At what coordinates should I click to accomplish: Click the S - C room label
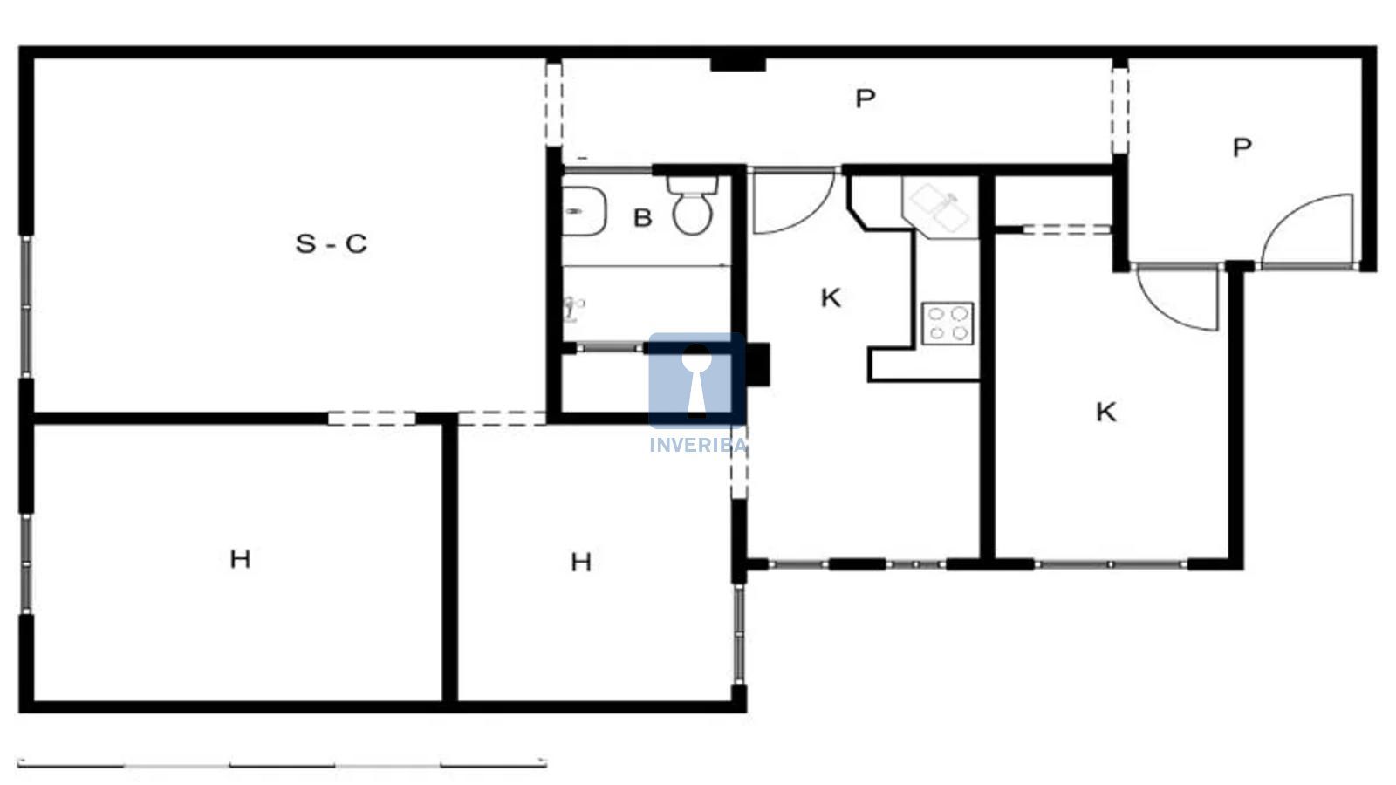332,243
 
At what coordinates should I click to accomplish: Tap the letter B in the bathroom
642,218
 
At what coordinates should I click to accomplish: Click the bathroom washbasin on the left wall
584,211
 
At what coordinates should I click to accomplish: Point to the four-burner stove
948,324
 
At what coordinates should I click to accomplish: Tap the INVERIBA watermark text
698,445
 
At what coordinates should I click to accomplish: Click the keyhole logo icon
697,380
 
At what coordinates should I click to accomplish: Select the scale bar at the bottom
283,764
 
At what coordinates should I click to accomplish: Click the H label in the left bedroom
241,559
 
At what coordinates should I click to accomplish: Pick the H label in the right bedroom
581,563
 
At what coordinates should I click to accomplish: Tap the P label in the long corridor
865,99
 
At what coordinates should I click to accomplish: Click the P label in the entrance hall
1242,147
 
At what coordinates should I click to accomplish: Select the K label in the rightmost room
1106,413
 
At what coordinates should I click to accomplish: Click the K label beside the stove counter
831,298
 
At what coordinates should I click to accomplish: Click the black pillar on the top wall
738,65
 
